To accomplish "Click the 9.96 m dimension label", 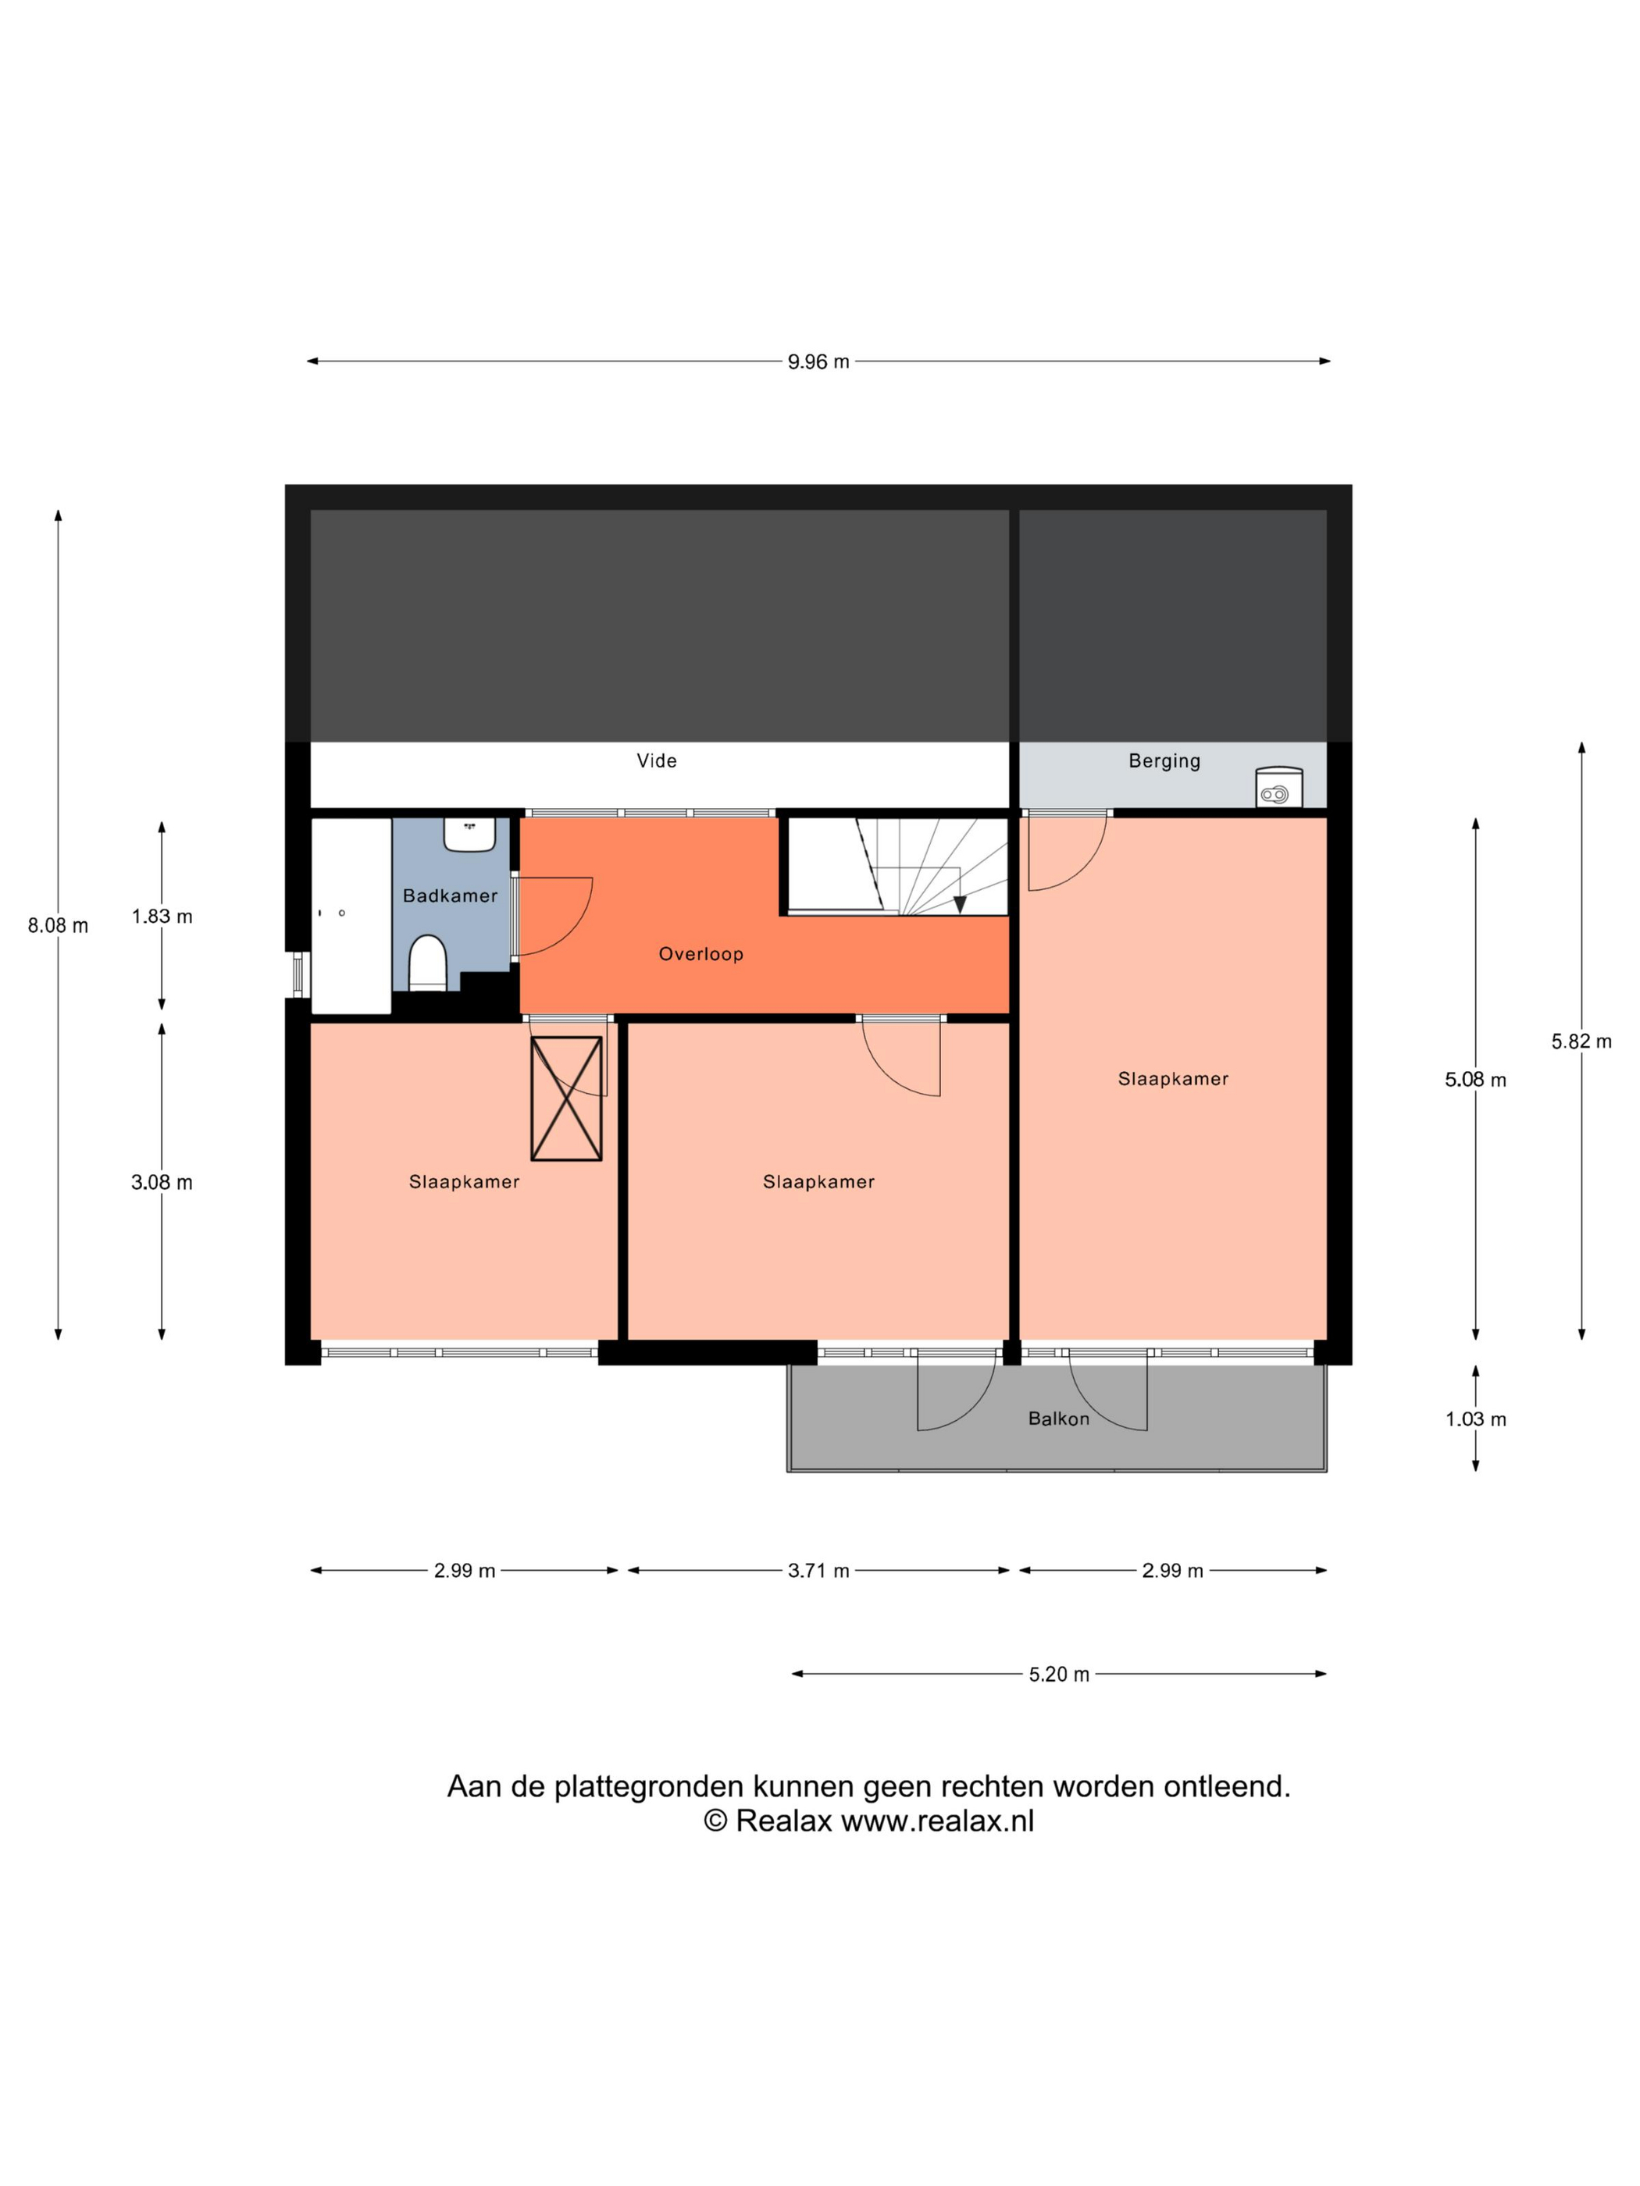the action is coord(818,361).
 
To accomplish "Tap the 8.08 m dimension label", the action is coord(57,925).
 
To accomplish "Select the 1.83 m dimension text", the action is coord(162,916).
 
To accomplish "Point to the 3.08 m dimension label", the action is coord(162,1182).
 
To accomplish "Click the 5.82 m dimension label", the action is coord(1581,1041).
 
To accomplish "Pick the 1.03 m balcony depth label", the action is coord(1475,1419).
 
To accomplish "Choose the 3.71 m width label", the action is coord(818,1570).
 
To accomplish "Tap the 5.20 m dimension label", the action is coord(1059,1674).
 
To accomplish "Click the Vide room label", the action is coord(657,761).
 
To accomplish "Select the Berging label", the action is coord(1164,761).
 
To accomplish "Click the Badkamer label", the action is coord(450,895).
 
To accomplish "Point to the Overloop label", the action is coord(701,954).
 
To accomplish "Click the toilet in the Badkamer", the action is coord(428,963).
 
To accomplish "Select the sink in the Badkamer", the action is coord(469,834).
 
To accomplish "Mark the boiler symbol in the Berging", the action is coord(1278,788).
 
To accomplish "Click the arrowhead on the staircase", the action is coord(959,905).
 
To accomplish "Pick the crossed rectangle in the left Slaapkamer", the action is coord(566,1098).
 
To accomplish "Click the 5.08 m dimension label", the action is coord(1475,1079).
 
